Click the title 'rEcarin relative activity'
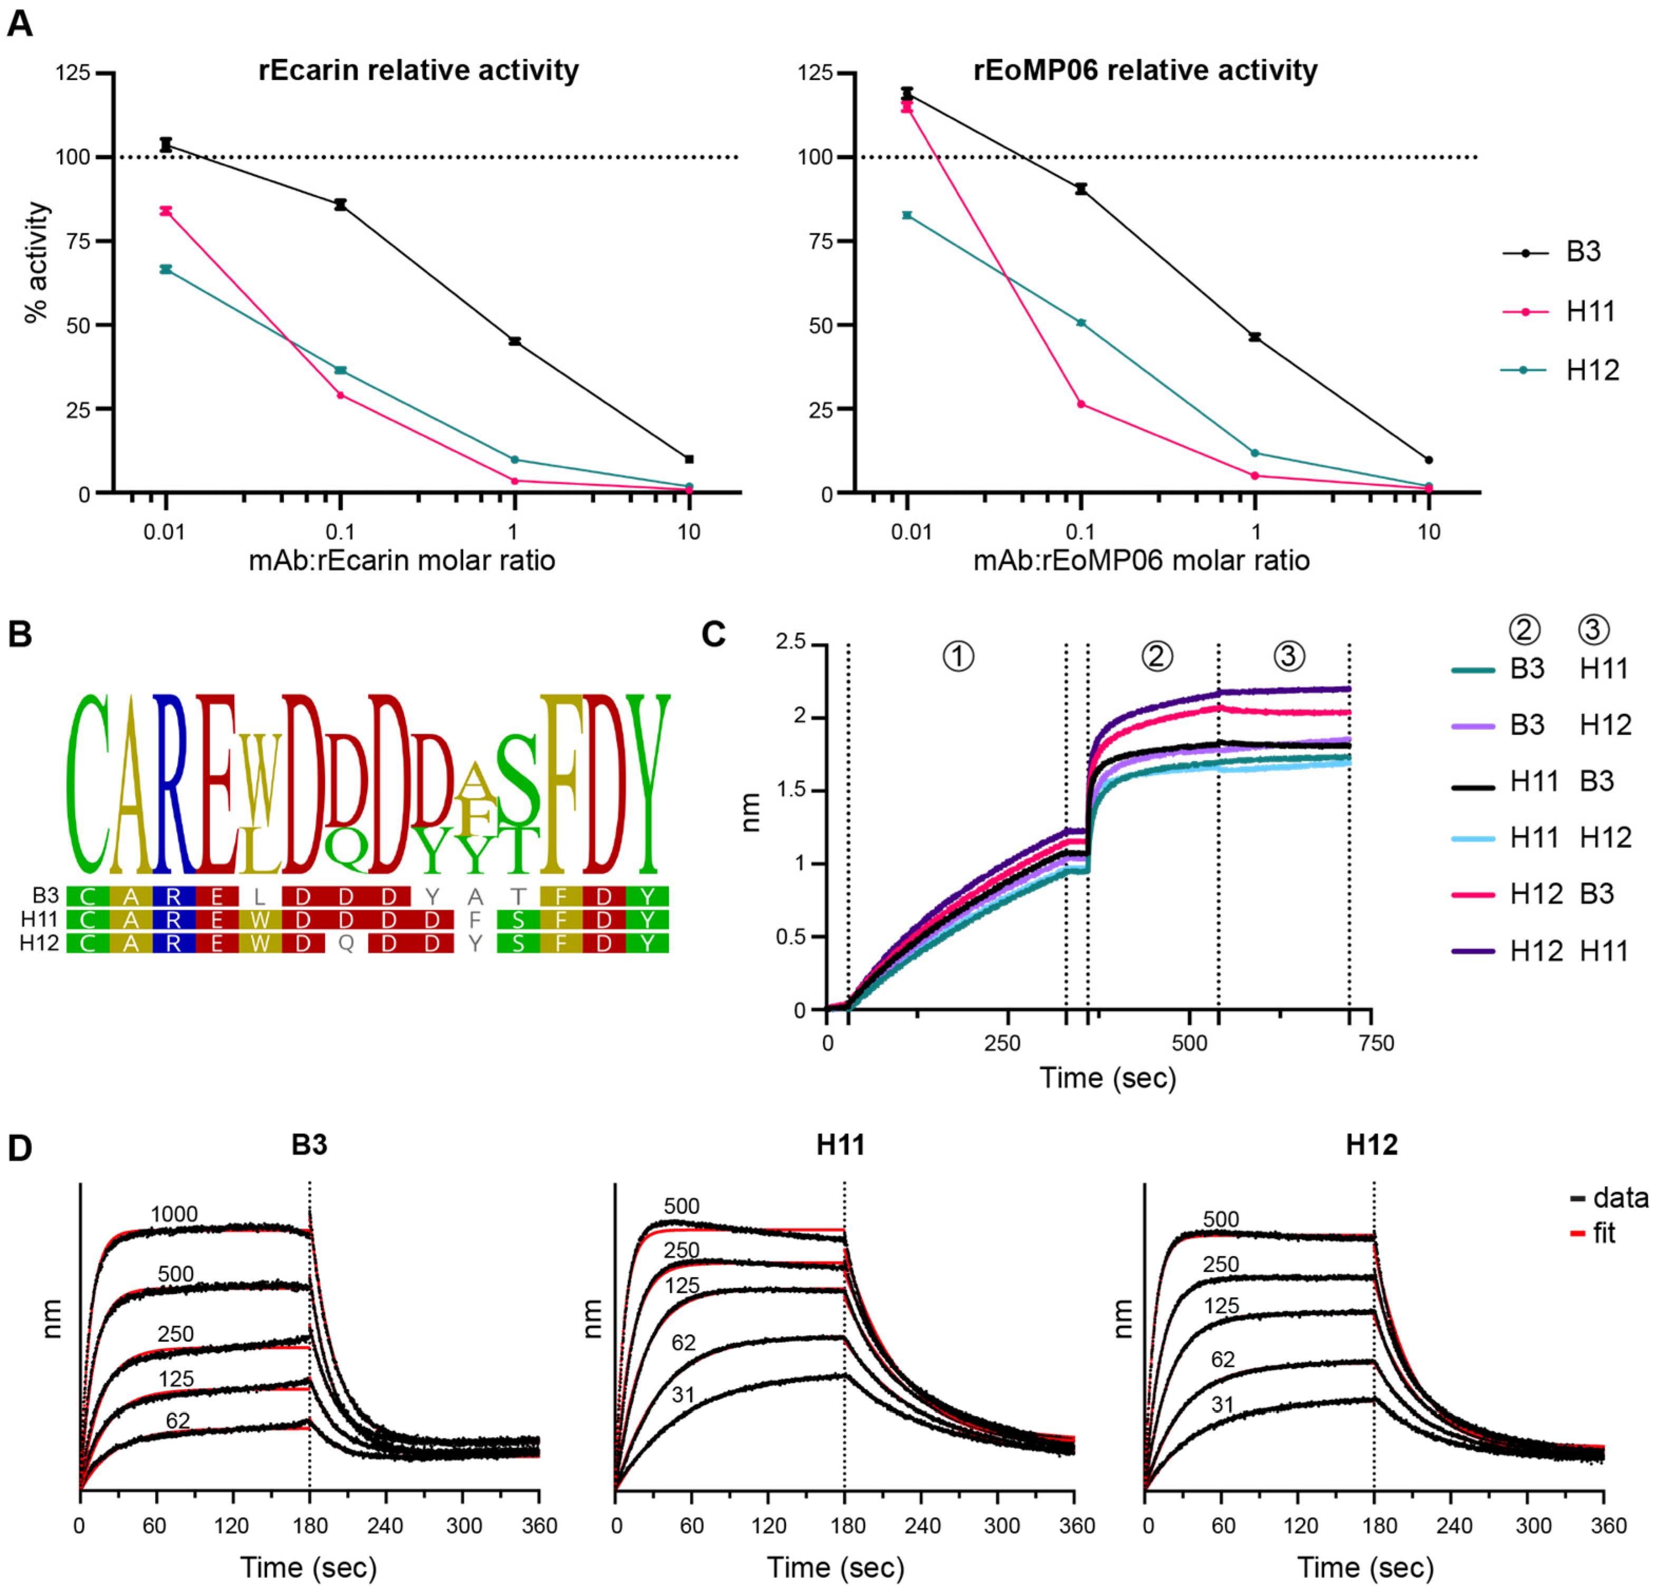418,70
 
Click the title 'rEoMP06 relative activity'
1145,70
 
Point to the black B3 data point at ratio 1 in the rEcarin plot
514,342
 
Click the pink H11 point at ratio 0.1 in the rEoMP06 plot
1081,404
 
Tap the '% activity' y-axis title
36,262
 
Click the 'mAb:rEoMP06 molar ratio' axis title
1141,560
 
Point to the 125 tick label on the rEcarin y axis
73,73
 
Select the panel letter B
20,634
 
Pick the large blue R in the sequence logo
172,784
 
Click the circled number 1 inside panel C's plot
958,656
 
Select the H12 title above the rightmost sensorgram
1371,1144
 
